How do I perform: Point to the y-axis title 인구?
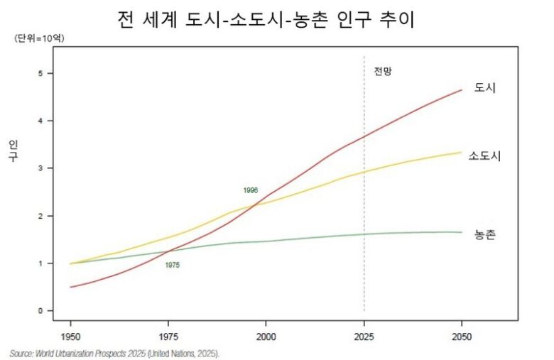click(13, 151)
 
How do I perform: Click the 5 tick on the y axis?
click(41, 73)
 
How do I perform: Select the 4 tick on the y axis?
click(41, 121)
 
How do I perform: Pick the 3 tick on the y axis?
click(41, 168)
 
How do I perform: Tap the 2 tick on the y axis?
click(41, 216)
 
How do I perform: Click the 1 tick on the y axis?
click(41, 263)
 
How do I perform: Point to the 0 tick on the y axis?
click(41, 311)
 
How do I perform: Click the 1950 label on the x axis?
click(70, 335)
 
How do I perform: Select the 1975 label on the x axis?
click(168, 335)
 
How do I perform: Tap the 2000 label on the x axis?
click(266, 335)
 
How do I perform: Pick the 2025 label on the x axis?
click(364, 335)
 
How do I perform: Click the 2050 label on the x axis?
click(462, 335)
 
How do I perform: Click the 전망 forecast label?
click(383, 72)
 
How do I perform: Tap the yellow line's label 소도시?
click(485, 156)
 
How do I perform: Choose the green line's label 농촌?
click(485, 234)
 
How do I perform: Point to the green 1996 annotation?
click(250, 190)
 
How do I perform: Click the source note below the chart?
click(114, 353)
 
